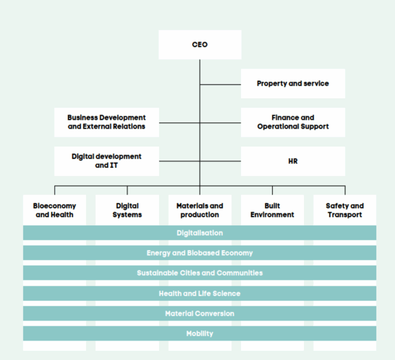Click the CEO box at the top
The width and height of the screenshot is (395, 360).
tap(200, 45)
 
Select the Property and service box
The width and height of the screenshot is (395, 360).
tap(293, 83)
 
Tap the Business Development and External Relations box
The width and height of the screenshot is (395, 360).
tap(106, 122)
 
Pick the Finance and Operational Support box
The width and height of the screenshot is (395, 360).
tap(293, 122)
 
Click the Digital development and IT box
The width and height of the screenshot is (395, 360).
tap(106, 161)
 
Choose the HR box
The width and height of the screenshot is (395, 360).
tap(293, 161)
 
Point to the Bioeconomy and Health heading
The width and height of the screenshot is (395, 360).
tap(55, 210)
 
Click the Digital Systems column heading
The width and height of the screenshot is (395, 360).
tap(127, 210)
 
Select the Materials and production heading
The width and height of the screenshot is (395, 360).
tap(200, 210)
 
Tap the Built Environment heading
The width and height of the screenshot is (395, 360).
tap(272, 210)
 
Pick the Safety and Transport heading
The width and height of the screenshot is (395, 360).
tap(345, 210)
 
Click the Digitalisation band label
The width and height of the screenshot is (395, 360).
tap(200, 233)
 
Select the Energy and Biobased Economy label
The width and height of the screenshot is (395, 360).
tap(200, 253)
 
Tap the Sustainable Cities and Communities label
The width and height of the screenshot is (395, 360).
tap(200, 273)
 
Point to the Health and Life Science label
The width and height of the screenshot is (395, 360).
tap(200, 294)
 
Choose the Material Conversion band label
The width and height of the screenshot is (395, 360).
tap(200, 313)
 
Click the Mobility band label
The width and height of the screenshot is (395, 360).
tap(200, 334)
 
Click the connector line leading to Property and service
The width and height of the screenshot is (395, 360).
tap(221, 85)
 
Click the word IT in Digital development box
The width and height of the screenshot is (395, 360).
tap(114, 165)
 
